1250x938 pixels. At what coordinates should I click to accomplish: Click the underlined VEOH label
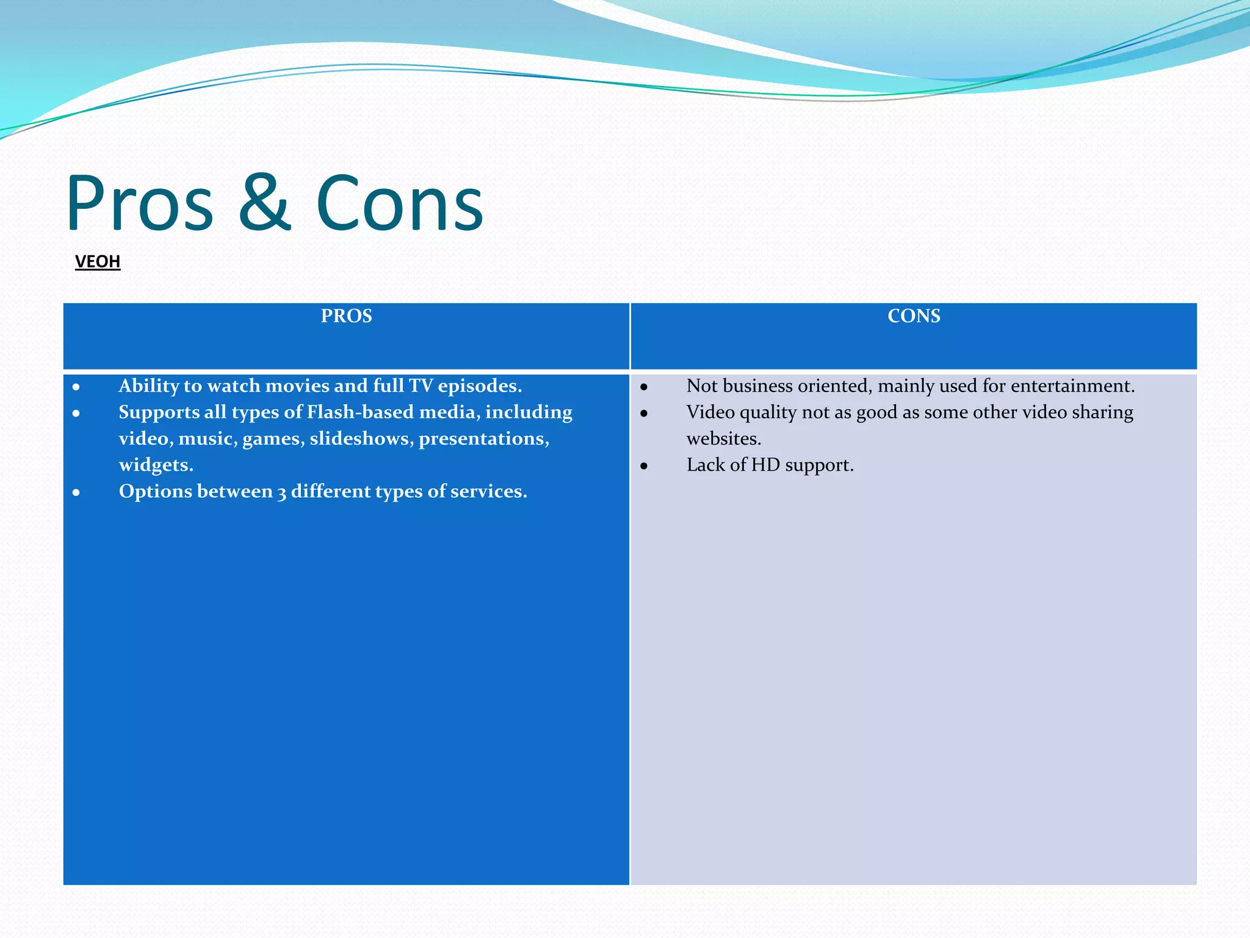point(98,261)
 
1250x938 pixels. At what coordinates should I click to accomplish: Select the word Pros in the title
point(140,203)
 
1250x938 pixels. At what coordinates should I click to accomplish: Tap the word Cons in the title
point(400,203)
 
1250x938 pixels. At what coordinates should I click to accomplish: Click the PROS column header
point(346,316)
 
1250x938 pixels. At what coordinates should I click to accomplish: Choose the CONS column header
point(914,316)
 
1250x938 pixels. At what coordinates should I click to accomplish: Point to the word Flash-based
point(360,412)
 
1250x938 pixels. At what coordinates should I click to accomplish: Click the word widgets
point(156,465)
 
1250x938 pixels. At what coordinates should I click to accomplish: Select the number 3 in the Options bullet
point(281,492)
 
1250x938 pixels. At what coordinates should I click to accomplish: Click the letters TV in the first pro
point(421,386)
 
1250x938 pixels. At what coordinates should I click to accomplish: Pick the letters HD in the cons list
point(765,465)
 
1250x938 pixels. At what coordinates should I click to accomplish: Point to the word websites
point(723,438)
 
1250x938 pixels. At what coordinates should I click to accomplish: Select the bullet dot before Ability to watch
point(76,387)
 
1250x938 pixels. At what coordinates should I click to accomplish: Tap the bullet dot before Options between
point(76,493)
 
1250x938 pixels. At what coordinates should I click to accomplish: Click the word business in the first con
point(757,386)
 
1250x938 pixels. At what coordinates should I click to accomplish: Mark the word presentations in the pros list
point(483,438)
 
